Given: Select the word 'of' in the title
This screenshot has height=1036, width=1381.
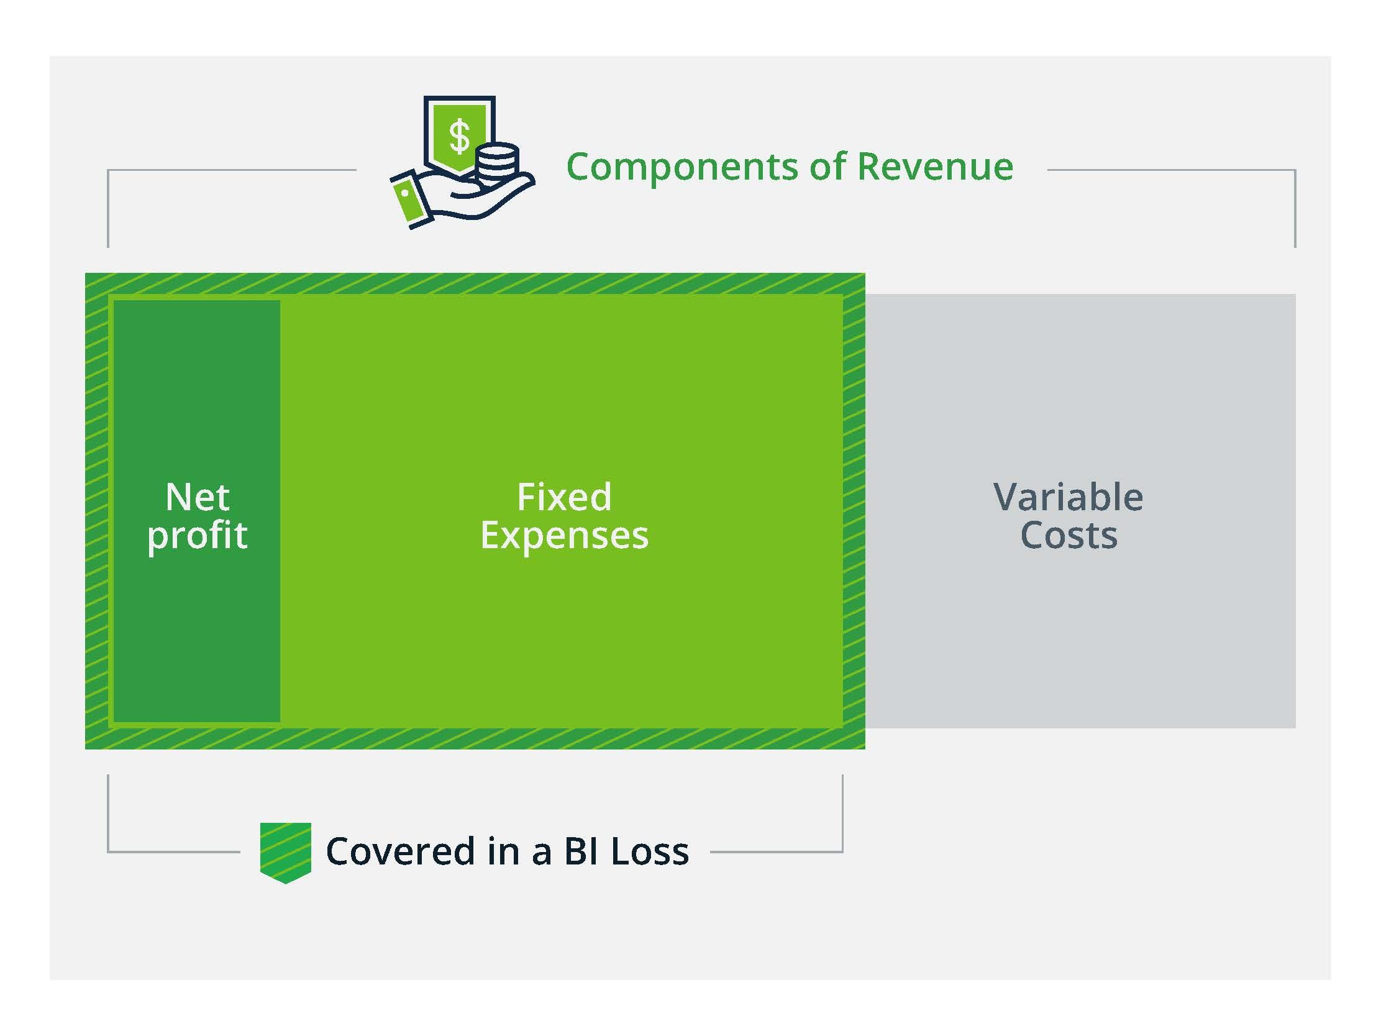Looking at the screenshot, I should click(x=828, y=167).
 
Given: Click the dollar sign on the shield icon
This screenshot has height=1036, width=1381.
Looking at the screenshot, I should click(x=460, y=136).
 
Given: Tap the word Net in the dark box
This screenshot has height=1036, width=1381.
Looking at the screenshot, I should click(x=198, y=497).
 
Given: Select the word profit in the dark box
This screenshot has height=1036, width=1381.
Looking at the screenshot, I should click(x=198, y=536).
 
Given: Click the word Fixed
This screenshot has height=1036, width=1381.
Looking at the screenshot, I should click(x=563, y=497).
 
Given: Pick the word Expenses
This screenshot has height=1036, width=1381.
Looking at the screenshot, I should click(x=563, y=536).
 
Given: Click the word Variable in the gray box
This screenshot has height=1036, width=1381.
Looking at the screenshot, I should click(x=1069, y=497).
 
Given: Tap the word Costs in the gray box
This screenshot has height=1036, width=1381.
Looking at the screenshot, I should click(x=1069, y=536).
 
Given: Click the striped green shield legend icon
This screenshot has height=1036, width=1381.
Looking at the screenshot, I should click(x=285, y=852).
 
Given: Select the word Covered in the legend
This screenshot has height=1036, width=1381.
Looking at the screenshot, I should click(x=400, y=851).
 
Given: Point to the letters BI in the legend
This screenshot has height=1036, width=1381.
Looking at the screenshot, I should click(x=581, y=851).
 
